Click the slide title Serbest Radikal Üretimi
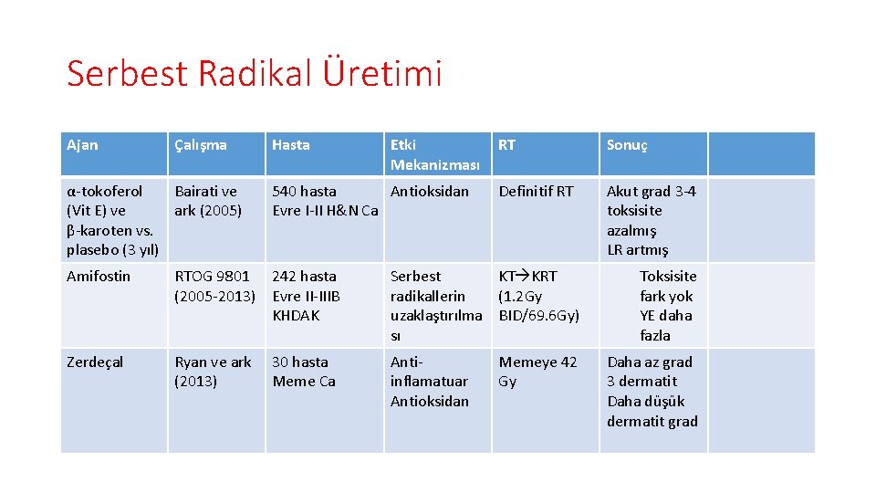254,74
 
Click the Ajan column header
82,145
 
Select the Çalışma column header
201,145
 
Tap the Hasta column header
291,145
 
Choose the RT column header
507,144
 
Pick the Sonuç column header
627,145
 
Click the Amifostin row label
99,277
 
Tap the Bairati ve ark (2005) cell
207,201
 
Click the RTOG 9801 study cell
214,286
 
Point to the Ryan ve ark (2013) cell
213,372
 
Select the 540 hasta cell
325,201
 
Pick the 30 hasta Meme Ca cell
305,372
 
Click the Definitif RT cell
536,192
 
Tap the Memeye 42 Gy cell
537,372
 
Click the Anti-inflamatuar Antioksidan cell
430,382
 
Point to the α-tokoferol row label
112,220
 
